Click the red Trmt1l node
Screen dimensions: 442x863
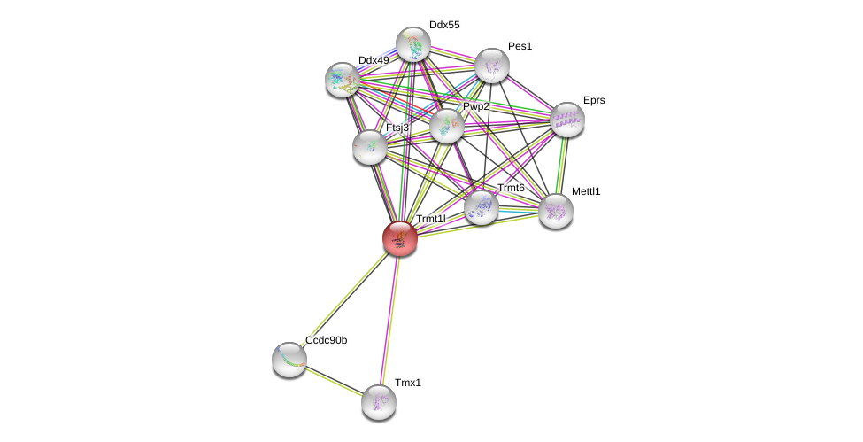coord(399,238)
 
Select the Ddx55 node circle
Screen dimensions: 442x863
coord(412,44)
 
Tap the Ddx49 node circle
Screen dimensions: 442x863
coord(342,80)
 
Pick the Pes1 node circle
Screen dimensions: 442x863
coord(491,66)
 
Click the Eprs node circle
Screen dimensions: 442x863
coord(566,120)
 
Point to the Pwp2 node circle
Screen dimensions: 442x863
coord(446,126)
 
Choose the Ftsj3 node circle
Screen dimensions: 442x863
coord(369,147)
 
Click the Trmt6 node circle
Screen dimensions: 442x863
coord(481,207)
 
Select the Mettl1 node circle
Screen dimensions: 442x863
coord(555,211)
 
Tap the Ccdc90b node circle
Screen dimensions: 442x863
coord(289,359)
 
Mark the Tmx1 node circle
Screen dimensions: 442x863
coord(378,402)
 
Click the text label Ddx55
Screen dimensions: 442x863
coord(444,25)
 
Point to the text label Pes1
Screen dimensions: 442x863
coord(520,46)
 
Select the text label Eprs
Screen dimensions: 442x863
coord(594,100)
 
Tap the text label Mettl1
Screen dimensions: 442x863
coord(585,191)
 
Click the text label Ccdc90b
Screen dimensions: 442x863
coord(326,340)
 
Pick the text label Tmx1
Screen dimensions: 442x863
coord(407,383)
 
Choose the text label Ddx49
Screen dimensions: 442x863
coord(374,60)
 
